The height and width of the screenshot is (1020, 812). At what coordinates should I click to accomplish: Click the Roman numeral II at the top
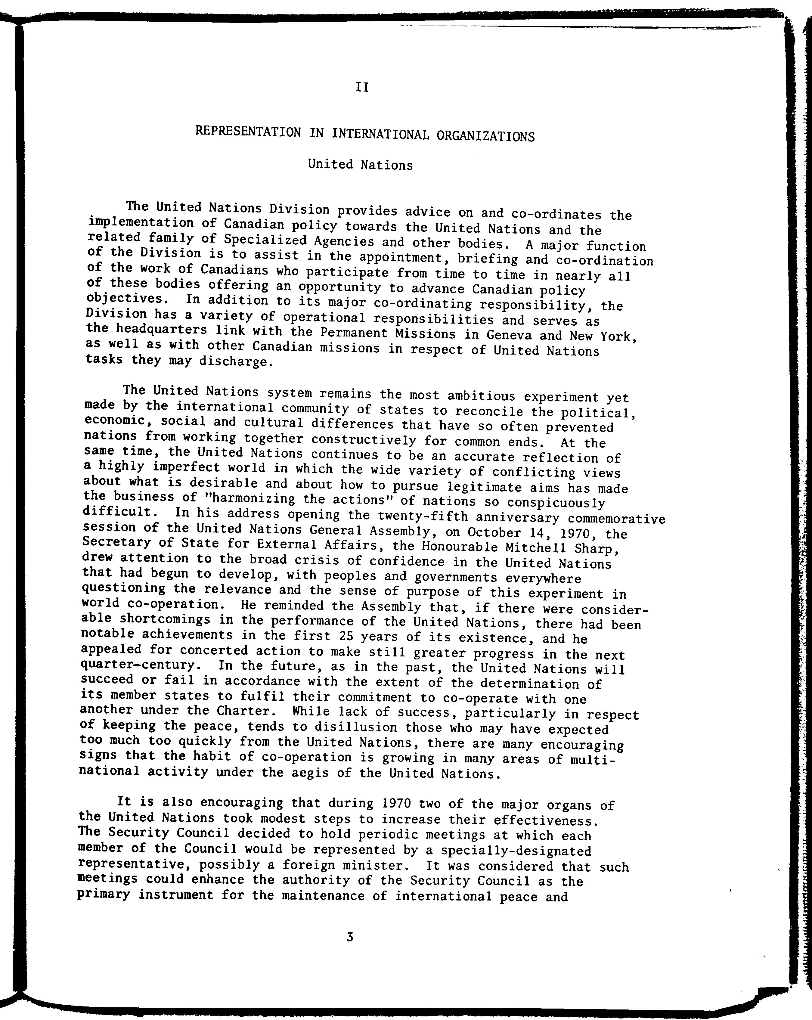(x=362, y=88)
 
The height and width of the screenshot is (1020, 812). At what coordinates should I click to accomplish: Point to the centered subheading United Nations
(x=360, y=165)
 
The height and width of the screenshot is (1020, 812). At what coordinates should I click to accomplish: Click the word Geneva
(x=495, y=335)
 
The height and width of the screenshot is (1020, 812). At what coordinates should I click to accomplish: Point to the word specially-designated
(x=516, y=851)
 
